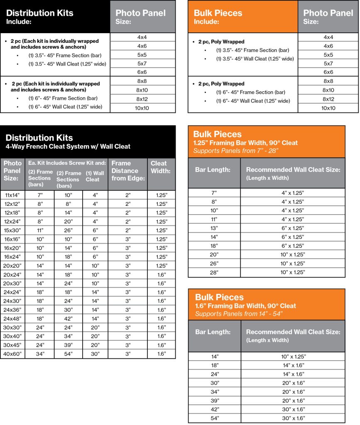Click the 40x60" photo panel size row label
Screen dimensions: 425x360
coord(12,354)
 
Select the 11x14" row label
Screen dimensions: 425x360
coord(12,195)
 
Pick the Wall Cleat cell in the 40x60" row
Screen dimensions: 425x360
coord(95,354)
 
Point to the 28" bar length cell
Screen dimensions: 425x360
coord(214,272)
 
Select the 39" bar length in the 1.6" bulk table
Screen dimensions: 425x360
coord(214,401)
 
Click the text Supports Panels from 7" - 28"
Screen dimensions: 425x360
coord(235,150)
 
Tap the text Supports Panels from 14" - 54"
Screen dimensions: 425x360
coord(239,314)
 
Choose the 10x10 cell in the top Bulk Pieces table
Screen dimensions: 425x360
coord(328,108)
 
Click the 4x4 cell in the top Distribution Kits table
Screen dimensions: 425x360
coord(142,37)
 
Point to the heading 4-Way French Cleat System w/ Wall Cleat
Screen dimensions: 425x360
coord(68,146)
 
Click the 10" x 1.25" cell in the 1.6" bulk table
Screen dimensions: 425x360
coord(293,356)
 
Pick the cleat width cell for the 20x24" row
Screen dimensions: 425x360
coord(161,274)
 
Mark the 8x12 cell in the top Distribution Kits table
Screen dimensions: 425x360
coord(142,99)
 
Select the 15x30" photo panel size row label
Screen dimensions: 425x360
coord(12,230)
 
